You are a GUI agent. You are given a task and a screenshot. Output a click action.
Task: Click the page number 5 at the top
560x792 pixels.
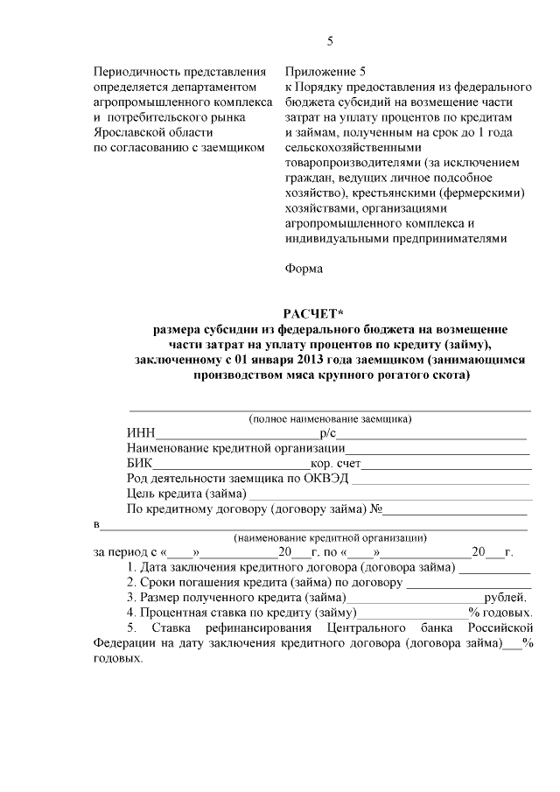pyautogui.click(x=330, y=40)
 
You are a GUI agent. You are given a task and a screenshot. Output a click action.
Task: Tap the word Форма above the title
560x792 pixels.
pyautogui.click(x=304, y=269)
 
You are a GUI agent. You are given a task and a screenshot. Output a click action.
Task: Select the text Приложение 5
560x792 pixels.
pyautogui.click(x=322, y=71)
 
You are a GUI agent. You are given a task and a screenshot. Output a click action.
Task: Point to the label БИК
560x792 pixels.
pyautogui.click(x=140, y=463)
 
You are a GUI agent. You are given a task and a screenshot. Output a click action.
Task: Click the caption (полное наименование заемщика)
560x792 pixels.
pyautogui.click(x=330, y=418)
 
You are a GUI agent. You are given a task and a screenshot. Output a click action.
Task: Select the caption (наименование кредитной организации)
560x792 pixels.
pyautogui.click(x=330, y=537)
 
